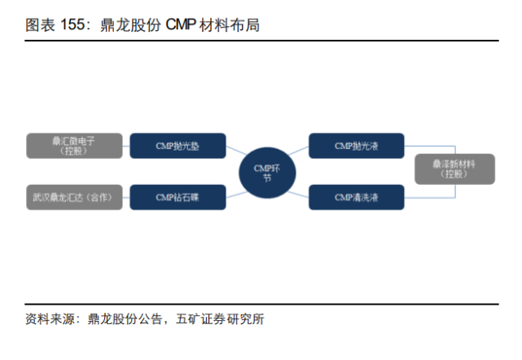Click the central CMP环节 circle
267,172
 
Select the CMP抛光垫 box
178,146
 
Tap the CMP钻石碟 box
178,197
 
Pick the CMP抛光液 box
357,146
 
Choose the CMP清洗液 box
357,197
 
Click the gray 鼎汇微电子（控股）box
74,146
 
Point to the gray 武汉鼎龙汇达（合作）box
74,197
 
